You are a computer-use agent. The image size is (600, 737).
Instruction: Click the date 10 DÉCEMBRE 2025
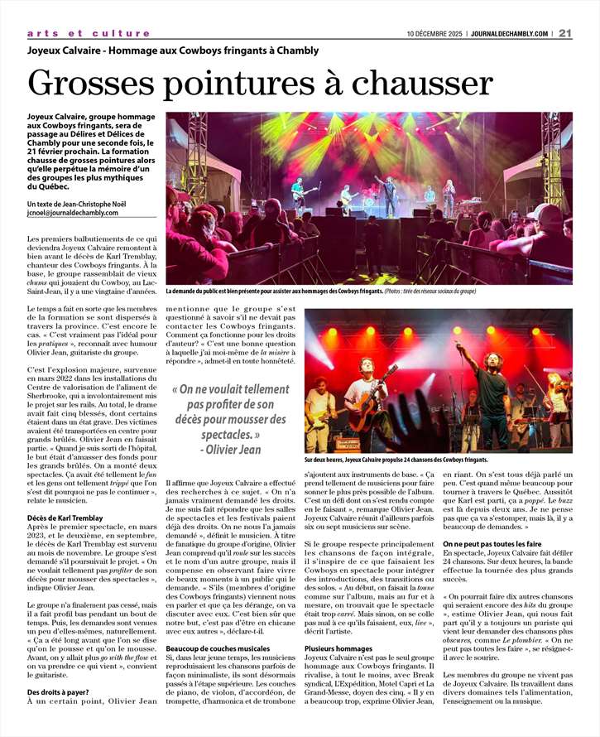pyautogui.click(x=434, y=34)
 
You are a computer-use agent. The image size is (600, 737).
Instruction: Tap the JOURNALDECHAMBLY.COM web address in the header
pyautogui.click(x=509, y=34)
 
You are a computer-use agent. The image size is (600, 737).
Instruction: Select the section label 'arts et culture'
pyautogui.click(x=89, y=33)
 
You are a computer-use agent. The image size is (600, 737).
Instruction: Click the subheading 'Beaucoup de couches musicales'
pyautogui.click(x=218, y=647)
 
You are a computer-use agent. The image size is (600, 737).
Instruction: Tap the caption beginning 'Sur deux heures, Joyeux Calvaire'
pyautogui.click(x=396, y=460)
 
